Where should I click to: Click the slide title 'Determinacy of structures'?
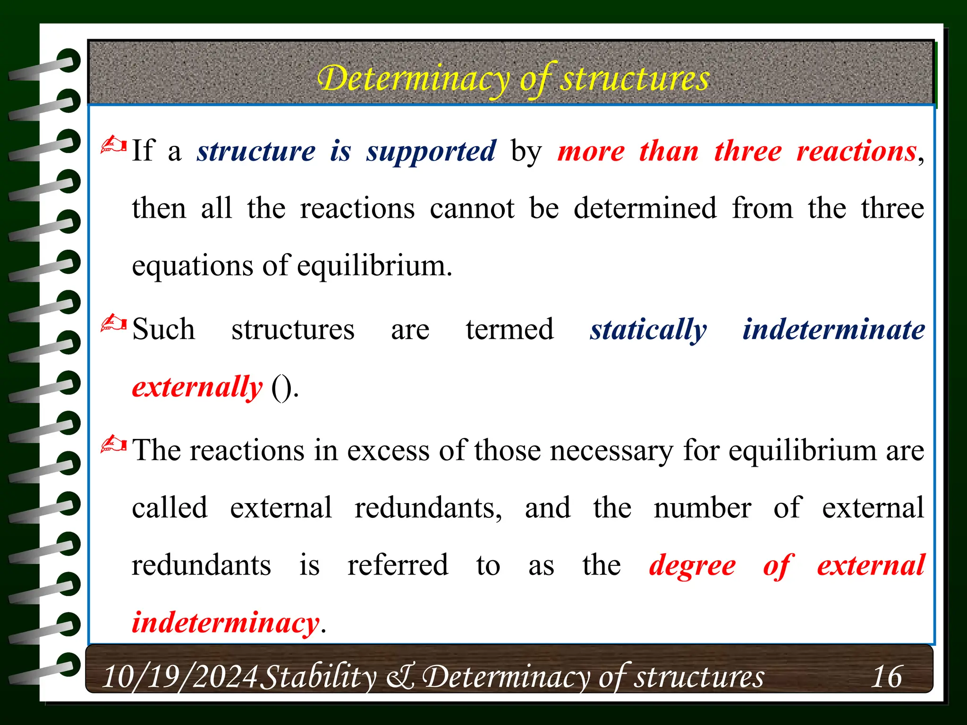point(513,78)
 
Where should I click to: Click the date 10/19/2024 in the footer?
point(180,676)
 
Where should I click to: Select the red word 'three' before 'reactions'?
point(748,152)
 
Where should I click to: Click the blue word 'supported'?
point(431,152)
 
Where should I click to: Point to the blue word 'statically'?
point(648,329)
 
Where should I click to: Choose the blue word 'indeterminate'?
point(833,329)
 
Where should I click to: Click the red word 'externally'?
point(197,387)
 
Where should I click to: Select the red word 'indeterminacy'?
point(226,623)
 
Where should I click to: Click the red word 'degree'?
point(692,565)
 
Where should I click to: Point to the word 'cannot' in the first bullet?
point(472,208)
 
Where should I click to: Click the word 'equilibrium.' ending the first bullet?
point(374,266)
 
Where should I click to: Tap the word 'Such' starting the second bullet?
point(163,329)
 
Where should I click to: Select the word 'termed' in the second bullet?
point(509,329)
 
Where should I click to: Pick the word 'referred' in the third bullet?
point(398,565)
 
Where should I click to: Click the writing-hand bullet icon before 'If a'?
point(113,145)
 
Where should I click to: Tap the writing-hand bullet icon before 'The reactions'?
point(113,445)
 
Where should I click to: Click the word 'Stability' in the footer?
point(318,676)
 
